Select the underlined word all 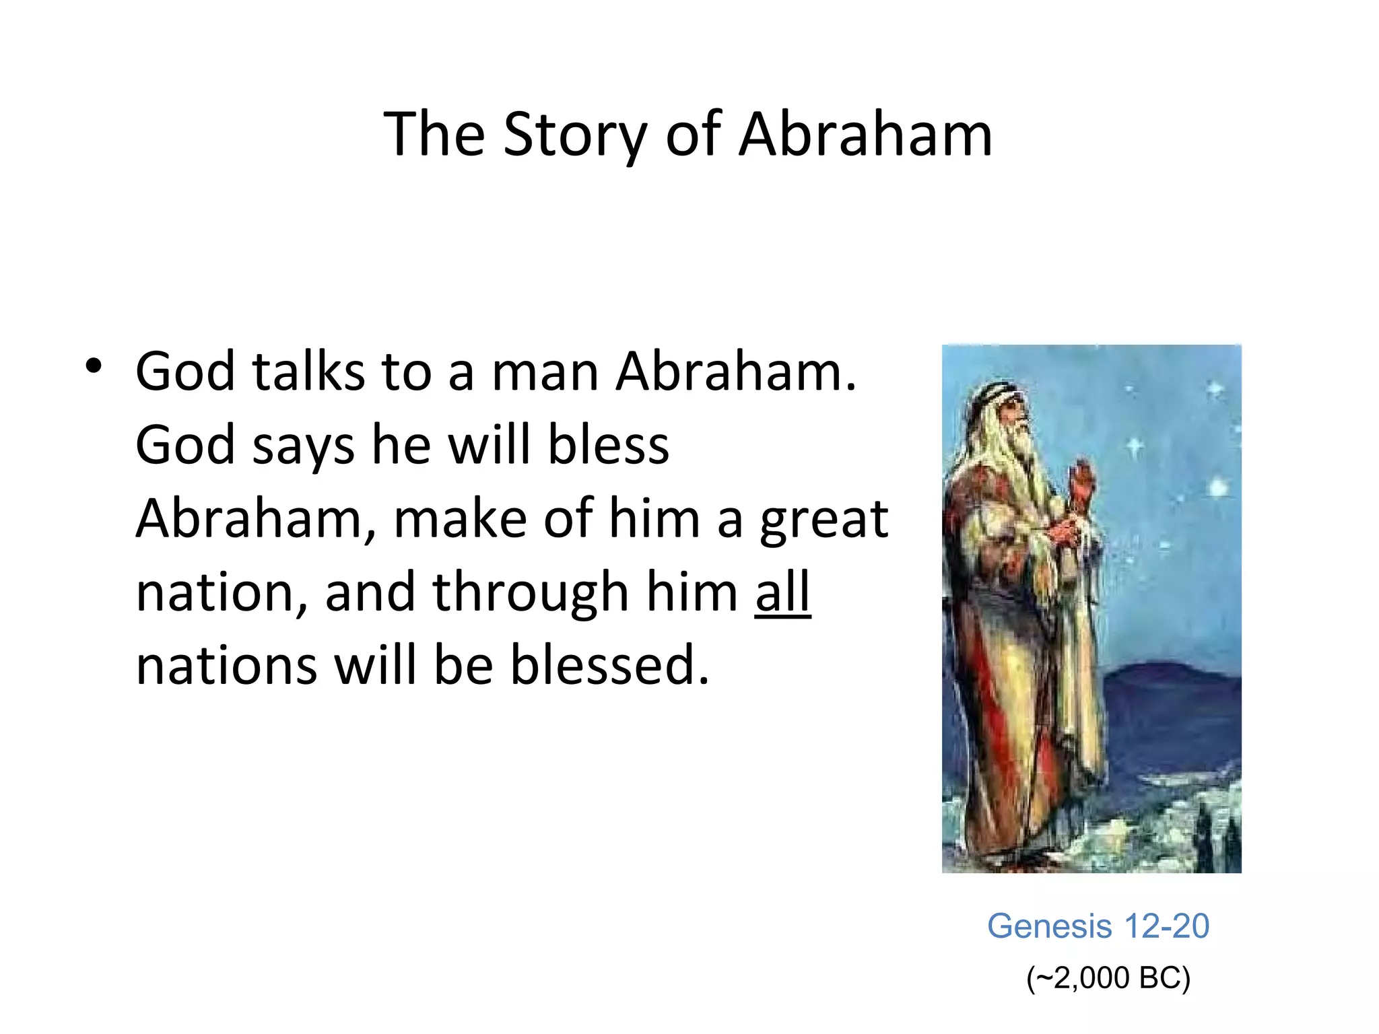(x=782, y=592)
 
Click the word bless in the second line (x=608, y=445)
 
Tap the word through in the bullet (x=530, y=592)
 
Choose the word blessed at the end (x=609, y=665)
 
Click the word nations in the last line (x=226, y=665)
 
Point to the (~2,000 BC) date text (x=1108, y=978)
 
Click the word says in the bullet (x=302, y=446)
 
